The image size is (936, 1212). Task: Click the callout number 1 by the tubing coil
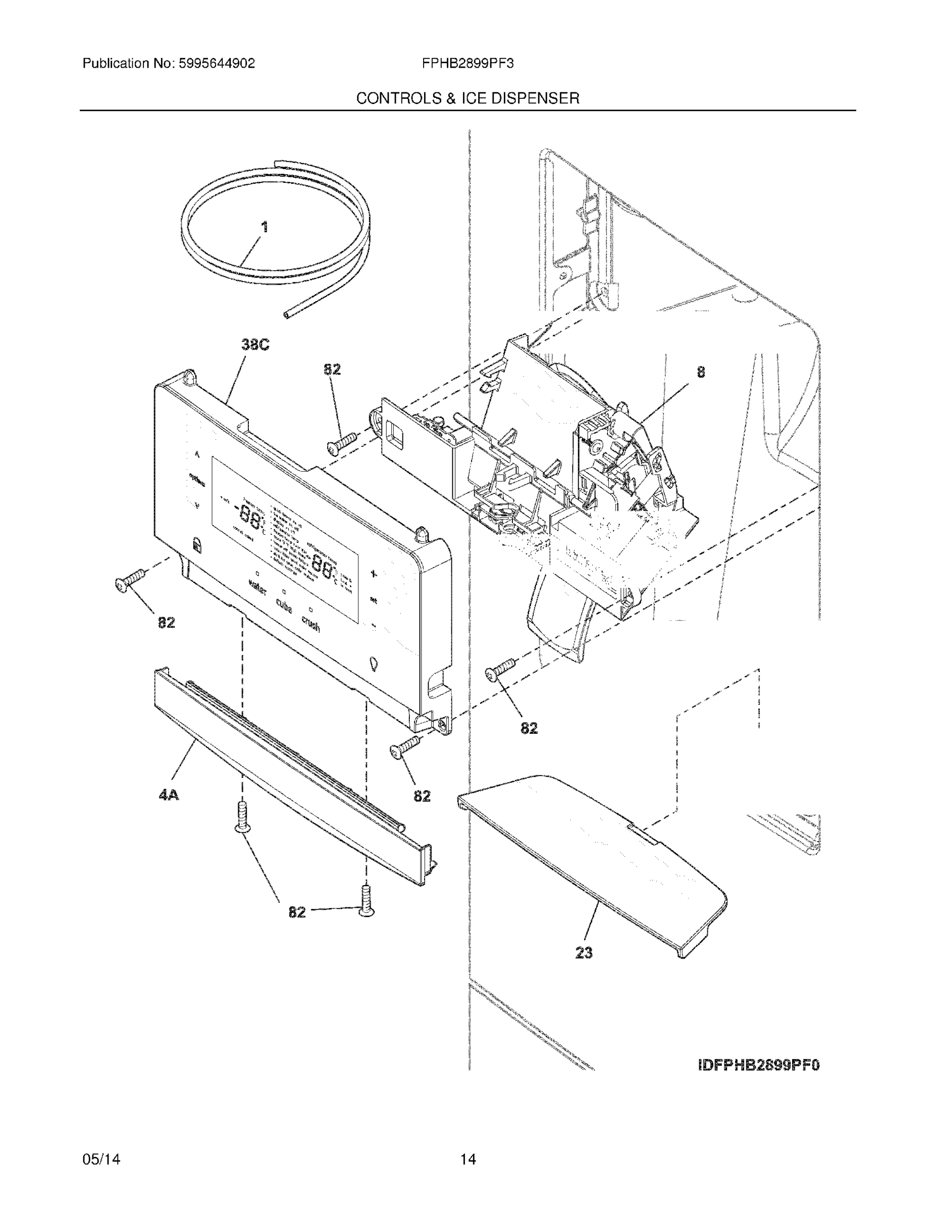click(x=265, y=226)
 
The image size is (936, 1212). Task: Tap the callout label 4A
click(x=169, y=795)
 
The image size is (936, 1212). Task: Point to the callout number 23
click(x=584, y=953)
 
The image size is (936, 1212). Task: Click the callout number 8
click(x=701, y=372)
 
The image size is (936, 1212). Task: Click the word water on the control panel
click(x=257, y=587)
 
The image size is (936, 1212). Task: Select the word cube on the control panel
click(x=284, y=606)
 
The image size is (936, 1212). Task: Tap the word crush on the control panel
click(x=310, y=624)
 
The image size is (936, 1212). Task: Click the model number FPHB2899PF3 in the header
click(x=467, y=64)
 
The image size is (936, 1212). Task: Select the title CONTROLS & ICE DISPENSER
click(x=467, y=98)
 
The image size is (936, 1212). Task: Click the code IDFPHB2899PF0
click(x=758, y=1065)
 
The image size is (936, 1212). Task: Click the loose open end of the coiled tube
click(x=286, y=315)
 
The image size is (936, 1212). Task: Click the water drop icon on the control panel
click(x=373, y=663)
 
